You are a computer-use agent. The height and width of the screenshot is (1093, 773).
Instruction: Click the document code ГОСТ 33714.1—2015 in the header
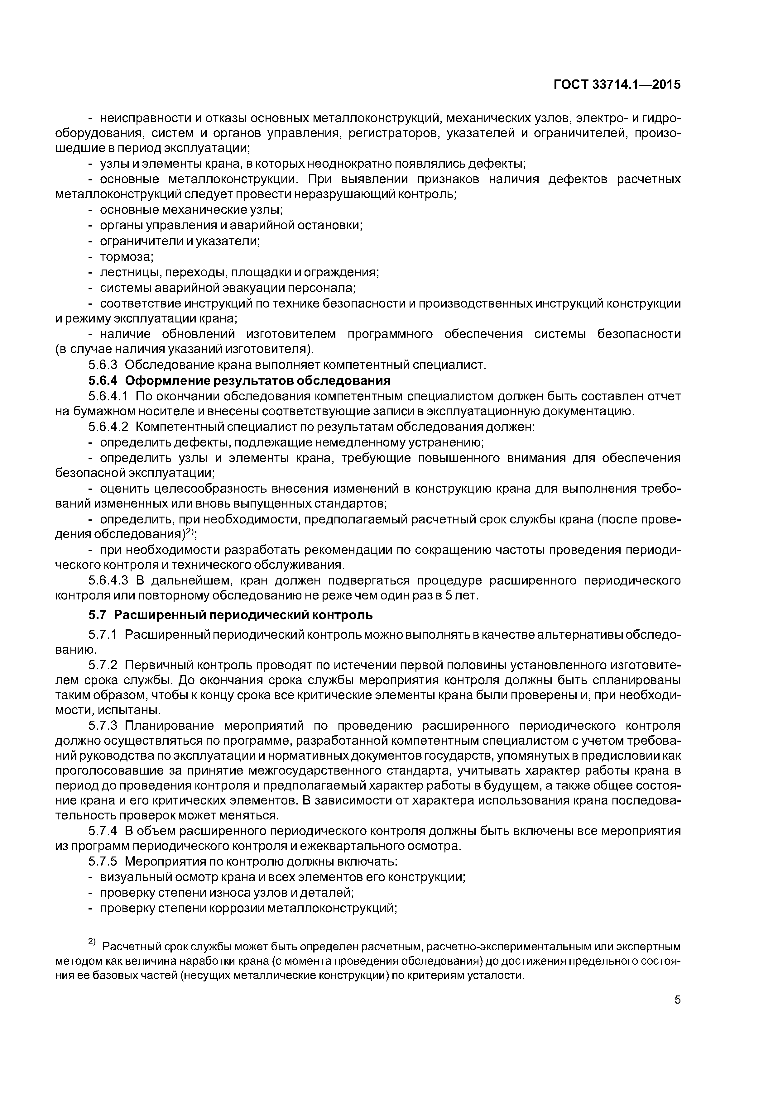(x=617, y=85)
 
